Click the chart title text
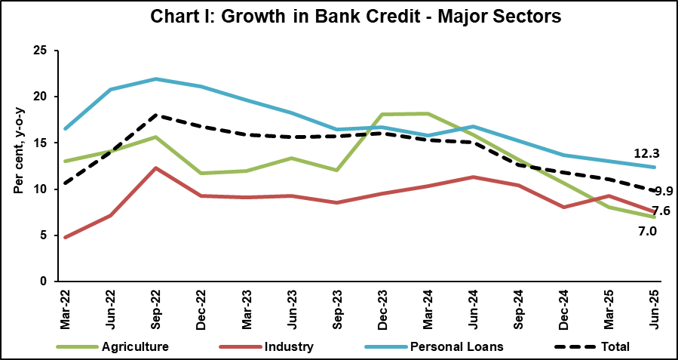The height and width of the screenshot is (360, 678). [339, 17]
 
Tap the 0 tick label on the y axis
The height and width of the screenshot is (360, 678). [43, 282]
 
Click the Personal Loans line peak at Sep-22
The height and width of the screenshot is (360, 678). [155, 78]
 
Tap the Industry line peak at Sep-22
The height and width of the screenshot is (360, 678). [155, 168]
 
